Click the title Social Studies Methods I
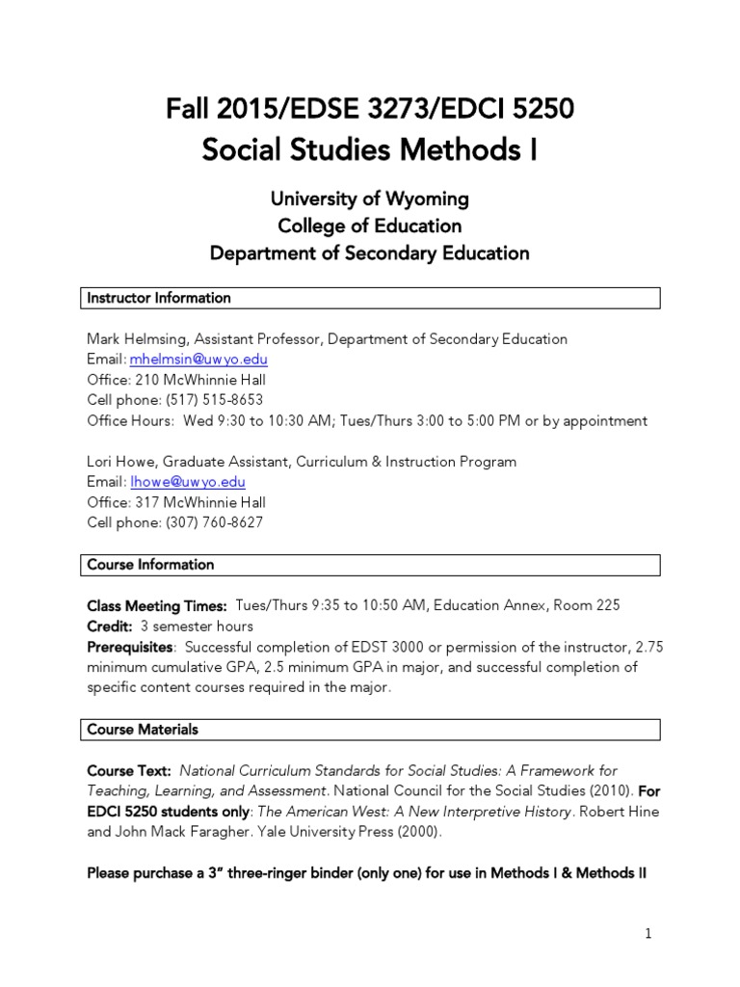pos(369,150)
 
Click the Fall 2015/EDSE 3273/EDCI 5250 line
pos(369,110)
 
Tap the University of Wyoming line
pos(369,199)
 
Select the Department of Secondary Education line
pos(369,253)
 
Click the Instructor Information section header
pos(159,298)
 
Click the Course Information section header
pos(150,564)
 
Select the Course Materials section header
pos(143,730)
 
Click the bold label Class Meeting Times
pos(156,605)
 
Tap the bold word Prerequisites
pos(130,647)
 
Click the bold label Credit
pos(108,627)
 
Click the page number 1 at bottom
pos(648,933)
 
